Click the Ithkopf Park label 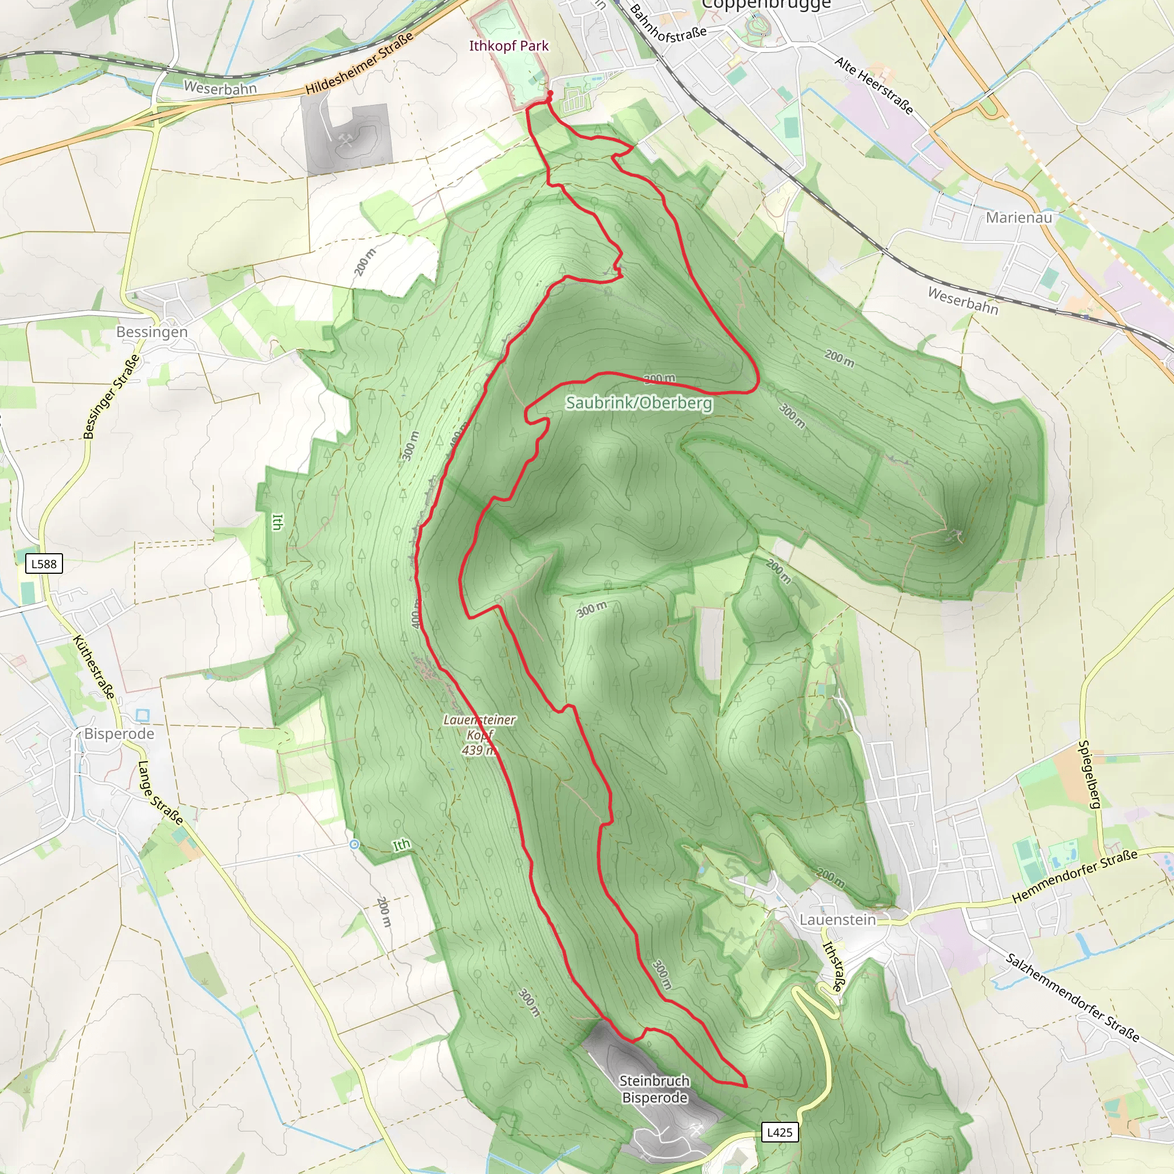coord(508,46)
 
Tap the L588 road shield coord(44,564)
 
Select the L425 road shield coord(780,1132)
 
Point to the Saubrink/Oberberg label coord(639,403)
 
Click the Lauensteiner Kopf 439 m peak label coord(479,735)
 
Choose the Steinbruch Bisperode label coord(655,1089)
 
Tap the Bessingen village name coord(152,332)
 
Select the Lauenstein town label coord(838,919)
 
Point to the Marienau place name coord(1019,217)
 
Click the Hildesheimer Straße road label coord(359,63)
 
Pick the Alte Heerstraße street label coord(874,85)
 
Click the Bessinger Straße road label coord(111,396)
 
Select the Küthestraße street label coord(94,667)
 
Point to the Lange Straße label coord(161,792)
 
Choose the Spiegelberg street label coord(1090,775)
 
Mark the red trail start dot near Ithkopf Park coord(550,93)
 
